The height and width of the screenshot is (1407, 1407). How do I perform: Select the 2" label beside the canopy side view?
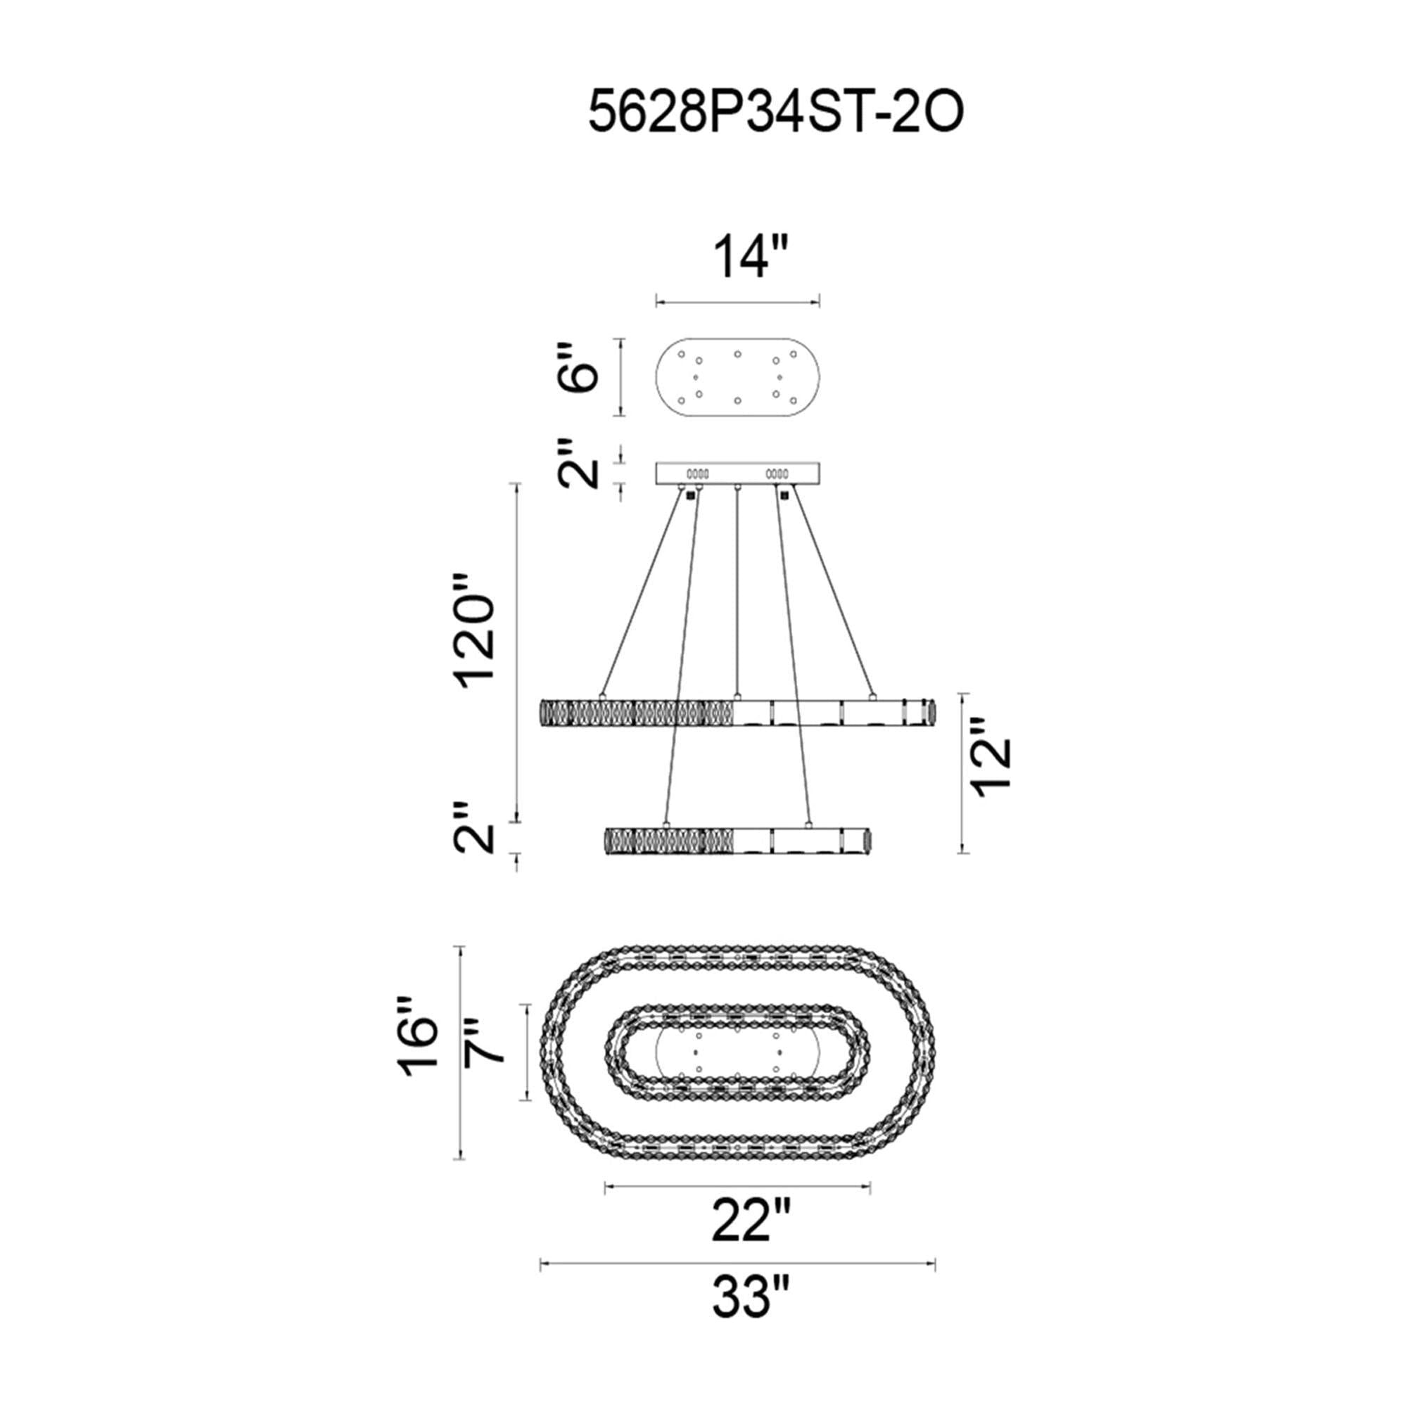pyautogui.click(x=578, y=463)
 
